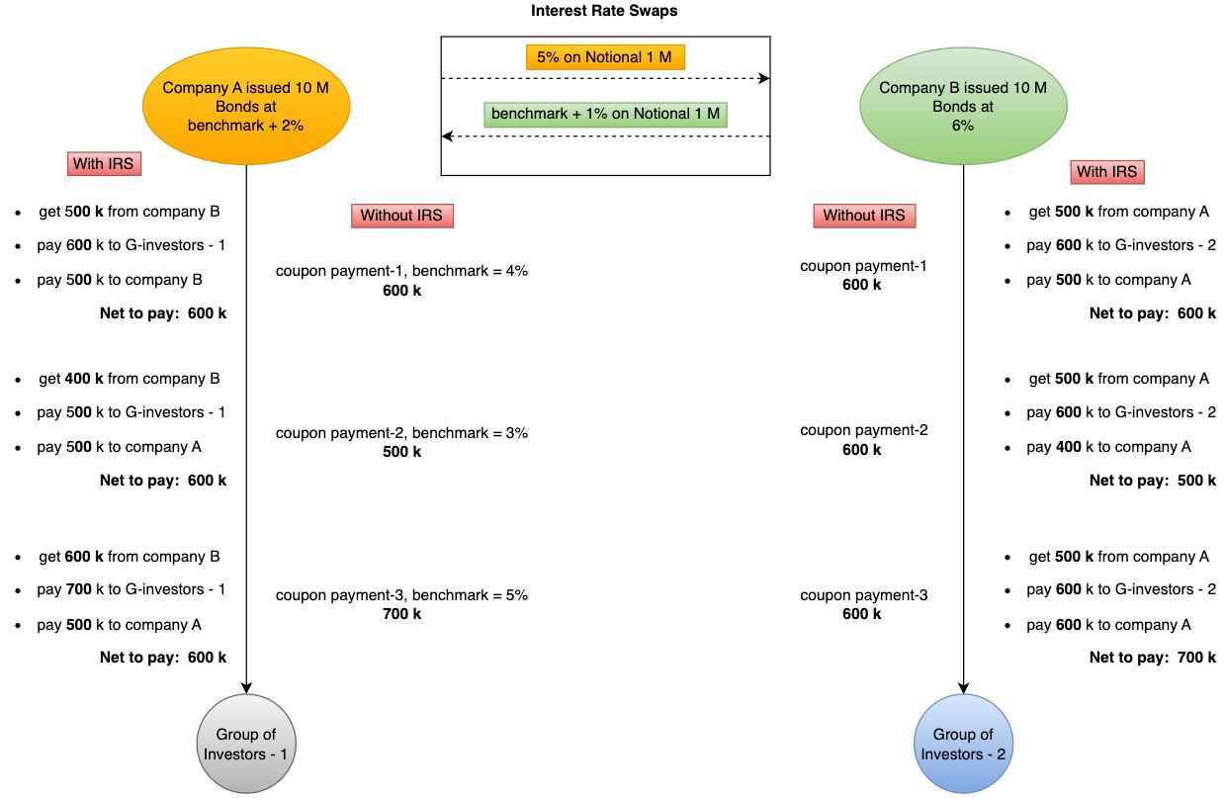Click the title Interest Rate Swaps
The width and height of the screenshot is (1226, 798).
click(604, 11)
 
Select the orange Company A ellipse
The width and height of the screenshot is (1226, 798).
click(245, 107)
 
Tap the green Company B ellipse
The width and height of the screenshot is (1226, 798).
click(962, 107)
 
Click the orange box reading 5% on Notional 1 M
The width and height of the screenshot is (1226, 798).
click(604, 57)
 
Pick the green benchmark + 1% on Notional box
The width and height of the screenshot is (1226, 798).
click(605, 114)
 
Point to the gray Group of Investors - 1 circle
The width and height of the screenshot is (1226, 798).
click(246, 744)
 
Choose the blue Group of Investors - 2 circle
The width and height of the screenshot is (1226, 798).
click(963, 744)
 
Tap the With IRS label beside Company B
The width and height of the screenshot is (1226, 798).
click(1106, 172)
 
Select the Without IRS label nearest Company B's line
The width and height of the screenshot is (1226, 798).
click(863, 216)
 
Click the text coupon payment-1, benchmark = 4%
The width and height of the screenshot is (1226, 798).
click(401, 271)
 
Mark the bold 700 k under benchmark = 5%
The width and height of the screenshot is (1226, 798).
click(401, 614)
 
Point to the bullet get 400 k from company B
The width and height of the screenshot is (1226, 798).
click(129, 379)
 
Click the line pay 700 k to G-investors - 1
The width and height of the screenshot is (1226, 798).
click(131, 589)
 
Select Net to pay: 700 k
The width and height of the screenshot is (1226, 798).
click(1152, 658)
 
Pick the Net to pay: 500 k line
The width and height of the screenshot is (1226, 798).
click(1152, 481)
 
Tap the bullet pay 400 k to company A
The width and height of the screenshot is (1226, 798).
click(1108, 447)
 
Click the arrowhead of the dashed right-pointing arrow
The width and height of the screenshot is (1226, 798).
click(764, 78)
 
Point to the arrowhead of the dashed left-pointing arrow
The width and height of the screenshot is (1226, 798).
click(447, 135)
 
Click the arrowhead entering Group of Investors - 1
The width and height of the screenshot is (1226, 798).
click(246, 687)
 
